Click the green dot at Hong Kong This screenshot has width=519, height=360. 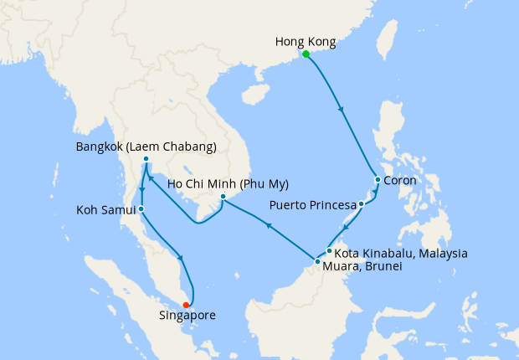point(306,54)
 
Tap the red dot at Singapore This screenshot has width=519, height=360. point(186,305)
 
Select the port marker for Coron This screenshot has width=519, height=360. point(378,180)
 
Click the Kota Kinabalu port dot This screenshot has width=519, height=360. point(330,250)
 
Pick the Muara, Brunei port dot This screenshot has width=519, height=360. point(317,262)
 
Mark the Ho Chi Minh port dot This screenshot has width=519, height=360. point(222,197)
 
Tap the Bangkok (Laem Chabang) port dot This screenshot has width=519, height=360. point(146,159)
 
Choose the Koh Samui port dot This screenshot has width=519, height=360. point(141,209)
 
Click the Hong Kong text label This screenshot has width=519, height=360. point(306,40)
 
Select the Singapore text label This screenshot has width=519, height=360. point(188,316)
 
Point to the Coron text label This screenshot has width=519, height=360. point(400,180)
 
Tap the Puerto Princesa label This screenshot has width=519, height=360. point(311,204)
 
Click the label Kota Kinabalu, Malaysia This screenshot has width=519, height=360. point(401,253)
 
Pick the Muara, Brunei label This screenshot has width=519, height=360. point(362,266)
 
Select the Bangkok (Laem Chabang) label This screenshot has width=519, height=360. point(146,147)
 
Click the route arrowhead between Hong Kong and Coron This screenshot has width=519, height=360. point(340,109)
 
